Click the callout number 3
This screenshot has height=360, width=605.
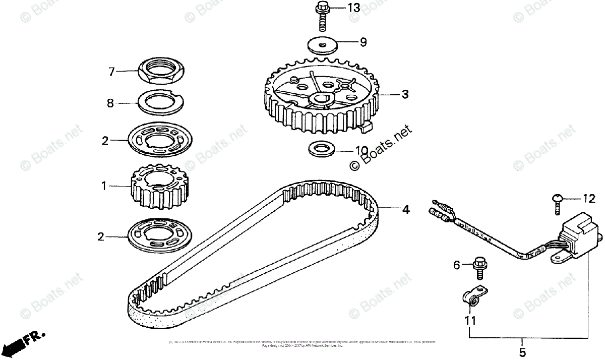(405, 94)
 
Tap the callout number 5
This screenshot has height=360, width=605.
(522, 351)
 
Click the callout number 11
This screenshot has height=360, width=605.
(470, 320)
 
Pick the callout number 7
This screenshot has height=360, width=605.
(112, 72)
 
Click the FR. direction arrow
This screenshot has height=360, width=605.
(20, 343)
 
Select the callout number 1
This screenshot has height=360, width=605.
(104, 186)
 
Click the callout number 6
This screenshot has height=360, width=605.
(457, 264)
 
